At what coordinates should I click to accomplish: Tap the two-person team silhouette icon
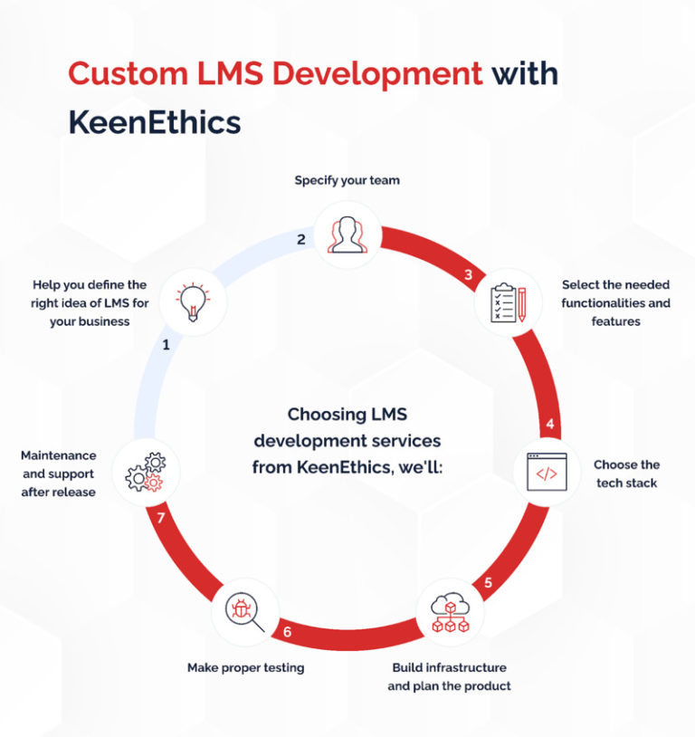[347, 234]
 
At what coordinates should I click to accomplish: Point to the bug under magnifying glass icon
[243, 610]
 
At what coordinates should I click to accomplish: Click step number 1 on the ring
[166, 345]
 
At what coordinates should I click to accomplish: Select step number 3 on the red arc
[469, 275]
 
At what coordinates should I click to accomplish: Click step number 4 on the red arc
[549, 424]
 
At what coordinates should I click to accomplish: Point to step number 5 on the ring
[488, 582]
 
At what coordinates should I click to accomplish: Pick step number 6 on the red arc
[287, 630]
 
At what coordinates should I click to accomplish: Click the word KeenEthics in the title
[154, 122]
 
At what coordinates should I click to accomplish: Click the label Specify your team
[347, 180]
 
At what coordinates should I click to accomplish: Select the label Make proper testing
[245, 667]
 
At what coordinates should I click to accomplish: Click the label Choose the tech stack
[626, 474]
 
